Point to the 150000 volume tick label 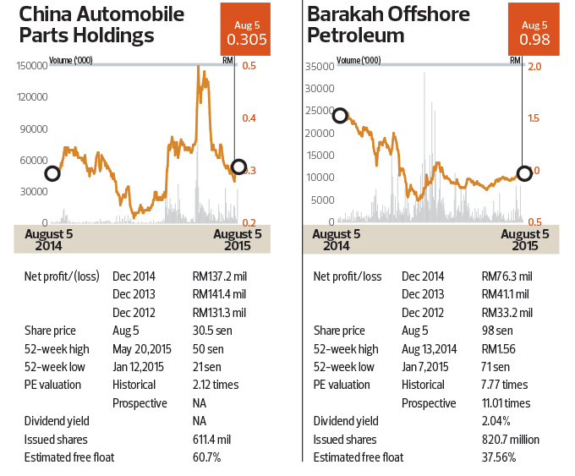click(31, 66)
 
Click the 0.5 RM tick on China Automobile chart click(249, 66)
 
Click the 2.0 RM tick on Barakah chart click(534, 66)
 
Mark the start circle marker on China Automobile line click(52, 173)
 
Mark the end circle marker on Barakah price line click(524, 172)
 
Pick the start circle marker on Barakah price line click(340, 116)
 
